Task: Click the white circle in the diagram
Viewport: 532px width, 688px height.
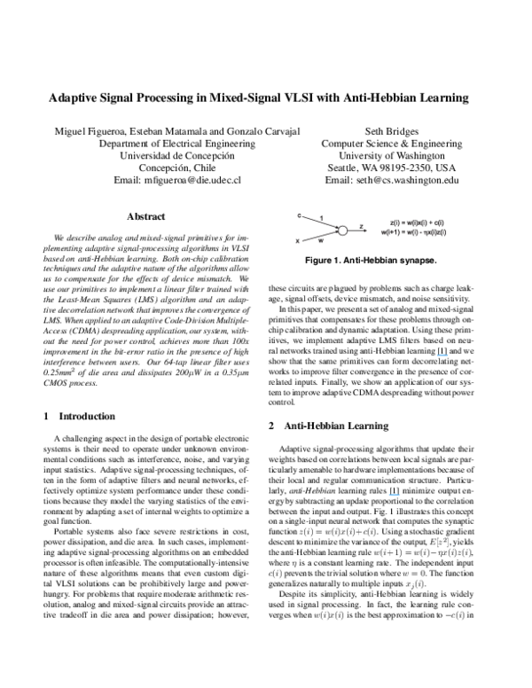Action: [342, 231]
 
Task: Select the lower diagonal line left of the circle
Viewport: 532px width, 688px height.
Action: [317, 237]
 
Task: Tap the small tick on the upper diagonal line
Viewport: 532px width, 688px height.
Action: [320, 218]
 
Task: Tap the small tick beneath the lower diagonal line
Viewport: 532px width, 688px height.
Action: [320, 240]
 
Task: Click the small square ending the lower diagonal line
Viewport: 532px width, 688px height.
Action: [298, 241]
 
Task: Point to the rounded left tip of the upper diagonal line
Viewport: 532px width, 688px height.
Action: [299, 215]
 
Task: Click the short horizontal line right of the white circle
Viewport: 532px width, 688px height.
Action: [355, 231]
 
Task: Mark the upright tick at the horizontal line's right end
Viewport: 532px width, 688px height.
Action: [362, 228]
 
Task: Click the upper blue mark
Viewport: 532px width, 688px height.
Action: [442, 355]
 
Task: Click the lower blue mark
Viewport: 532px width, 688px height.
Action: [395, 495]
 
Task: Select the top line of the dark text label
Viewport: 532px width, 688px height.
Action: [417, 223]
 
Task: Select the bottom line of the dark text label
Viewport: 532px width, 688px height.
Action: [413, 234]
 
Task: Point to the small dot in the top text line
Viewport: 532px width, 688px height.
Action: [431, 223]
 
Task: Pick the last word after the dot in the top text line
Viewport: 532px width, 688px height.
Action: [440, 223]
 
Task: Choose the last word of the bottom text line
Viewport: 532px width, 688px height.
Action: [435, 234]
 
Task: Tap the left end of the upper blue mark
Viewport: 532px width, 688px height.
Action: [437, 355]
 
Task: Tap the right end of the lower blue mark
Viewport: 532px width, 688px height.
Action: [400, 495]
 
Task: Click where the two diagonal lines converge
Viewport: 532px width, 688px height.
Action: [337, 229]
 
